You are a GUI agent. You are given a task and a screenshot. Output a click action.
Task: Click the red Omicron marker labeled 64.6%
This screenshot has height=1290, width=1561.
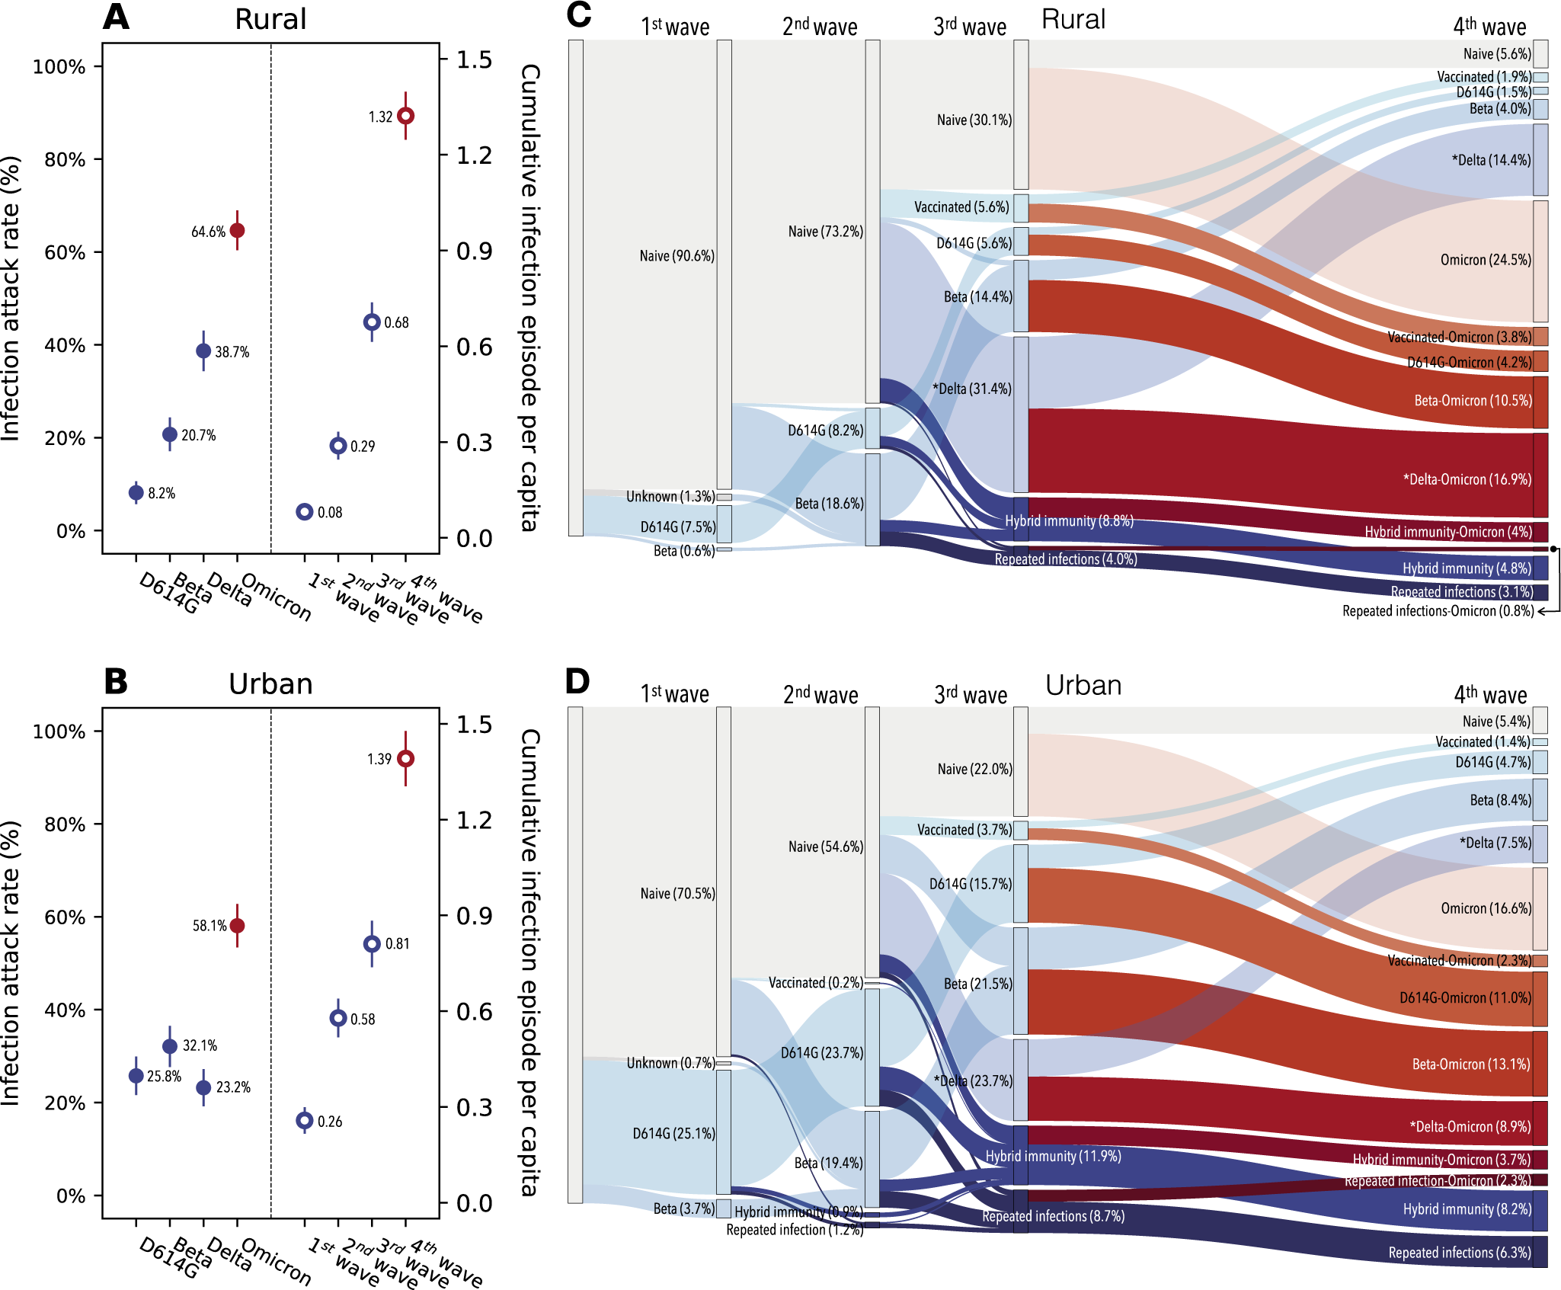tap(237, 230)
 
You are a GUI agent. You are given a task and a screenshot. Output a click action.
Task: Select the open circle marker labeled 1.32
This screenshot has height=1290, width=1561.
tap(406, 116)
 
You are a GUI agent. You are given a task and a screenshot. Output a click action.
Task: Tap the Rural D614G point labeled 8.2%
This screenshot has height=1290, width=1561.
tap(136, 492)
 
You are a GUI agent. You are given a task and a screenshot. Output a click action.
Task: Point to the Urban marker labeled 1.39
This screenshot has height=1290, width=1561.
tap(406, 759)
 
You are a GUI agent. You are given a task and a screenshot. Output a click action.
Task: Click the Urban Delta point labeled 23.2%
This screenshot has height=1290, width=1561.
tap(203, 1087)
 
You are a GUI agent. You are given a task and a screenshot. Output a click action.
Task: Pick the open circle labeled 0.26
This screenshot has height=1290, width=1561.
tap(305, 1120)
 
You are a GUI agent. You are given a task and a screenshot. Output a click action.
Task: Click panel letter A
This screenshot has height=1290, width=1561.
tap(116, 17)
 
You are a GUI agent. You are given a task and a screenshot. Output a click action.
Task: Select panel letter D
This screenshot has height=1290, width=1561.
tap(577, 681)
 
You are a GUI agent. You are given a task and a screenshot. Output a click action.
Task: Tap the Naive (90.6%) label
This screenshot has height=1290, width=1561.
tap(677, 256)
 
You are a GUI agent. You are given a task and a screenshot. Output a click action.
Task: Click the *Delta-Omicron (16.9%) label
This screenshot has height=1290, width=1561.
tap(1467, 479)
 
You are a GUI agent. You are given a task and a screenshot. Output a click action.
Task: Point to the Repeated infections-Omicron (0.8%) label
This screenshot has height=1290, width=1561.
tap(1438, 611)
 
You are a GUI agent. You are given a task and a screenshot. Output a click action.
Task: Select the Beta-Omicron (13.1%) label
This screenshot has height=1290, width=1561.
tap(1470, 1064)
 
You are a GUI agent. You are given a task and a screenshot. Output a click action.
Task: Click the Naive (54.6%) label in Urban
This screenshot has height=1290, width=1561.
tap(825, 847)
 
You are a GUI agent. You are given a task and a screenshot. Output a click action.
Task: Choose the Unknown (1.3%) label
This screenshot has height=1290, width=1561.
tap(670, 497)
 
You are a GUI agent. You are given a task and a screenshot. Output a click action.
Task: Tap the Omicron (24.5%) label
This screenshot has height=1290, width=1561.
tap(1485, 260)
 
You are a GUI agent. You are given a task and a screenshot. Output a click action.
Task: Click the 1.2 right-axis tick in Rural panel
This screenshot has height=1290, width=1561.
tap(474, 155)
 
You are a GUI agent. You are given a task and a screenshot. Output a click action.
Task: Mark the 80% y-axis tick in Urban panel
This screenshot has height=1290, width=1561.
tap(64, 824)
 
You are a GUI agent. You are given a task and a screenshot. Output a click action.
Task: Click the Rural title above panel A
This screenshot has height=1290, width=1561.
tap(270, 19)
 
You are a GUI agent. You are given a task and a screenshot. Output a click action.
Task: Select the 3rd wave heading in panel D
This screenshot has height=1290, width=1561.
tap(970, 694)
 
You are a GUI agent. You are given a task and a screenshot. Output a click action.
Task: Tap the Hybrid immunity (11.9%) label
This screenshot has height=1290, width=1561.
tap(1053, 1156)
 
